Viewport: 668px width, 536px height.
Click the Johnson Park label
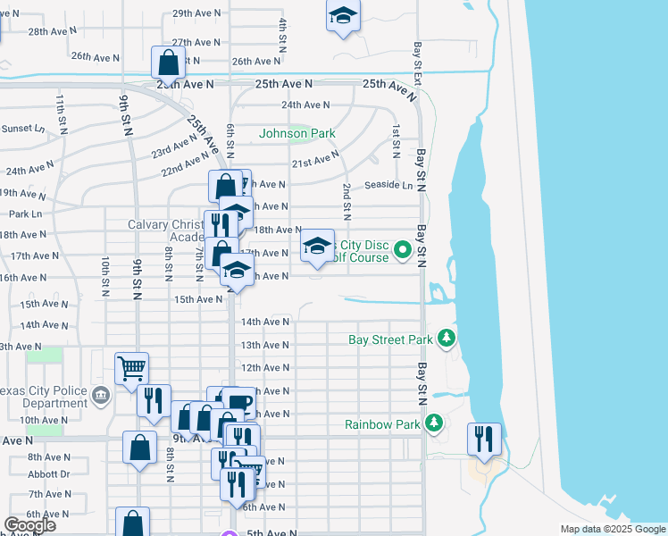tap(297, 133)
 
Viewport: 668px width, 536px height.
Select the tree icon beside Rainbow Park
tap(434, 423)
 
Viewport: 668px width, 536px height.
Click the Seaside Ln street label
tap(389, 186)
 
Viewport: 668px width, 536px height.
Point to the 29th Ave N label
tap(196, 13)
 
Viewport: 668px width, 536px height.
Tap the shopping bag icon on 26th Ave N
tap(168, 63)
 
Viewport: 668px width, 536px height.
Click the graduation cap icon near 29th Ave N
tap(343, 18)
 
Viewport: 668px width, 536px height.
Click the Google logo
tap(29, 524)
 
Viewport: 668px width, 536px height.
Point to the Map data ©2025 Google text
tap(612, 529)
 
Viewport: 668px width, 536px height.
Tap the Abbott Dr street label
tap(48, 474)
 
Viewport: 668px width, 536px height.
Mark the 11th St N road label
tap(61, 113)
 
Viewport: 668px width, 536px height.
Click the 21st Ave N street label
tap(315, 162)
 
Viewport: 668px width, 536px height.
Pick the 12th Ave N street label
tap(263, 368)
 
